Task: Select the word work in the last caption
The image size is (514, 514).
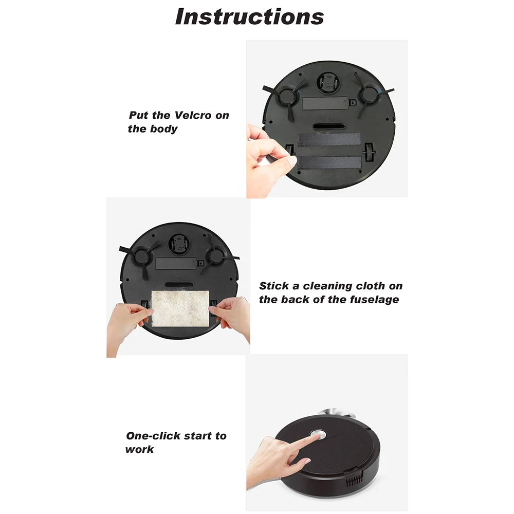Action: (139, 449)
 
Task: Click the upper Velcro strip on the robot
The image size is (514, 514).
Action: (329, 140)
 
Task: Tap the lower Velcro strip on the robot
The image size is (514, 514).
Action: (329, 162)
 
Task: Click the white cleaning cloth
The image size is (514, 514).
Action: (181, 307)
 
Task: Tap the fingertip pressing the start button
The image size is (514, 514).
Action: (312, 437)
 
